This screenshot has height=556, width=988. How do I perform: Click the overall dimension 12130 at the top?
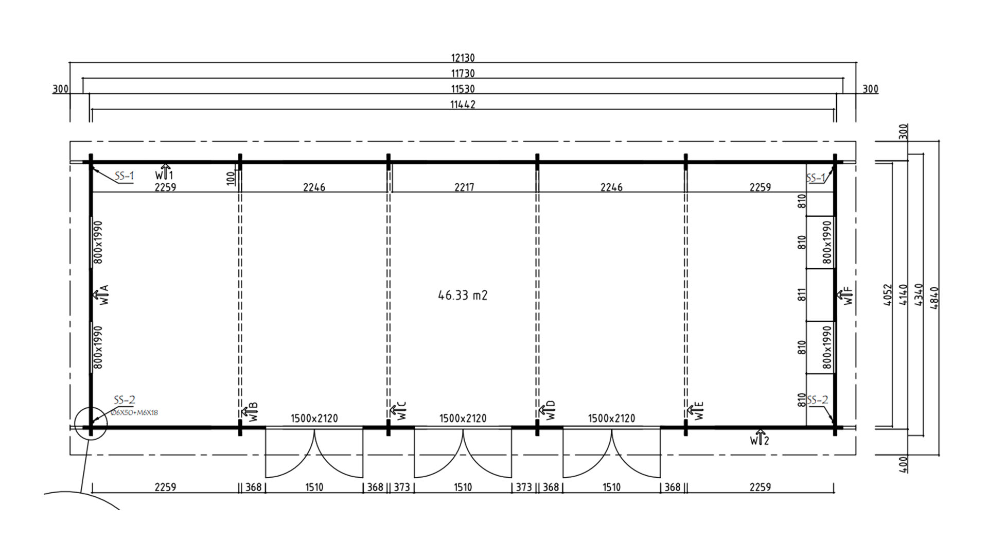[x=463, y=58]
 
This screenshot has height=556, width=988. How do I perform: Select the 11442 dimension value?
[x=463, y=105]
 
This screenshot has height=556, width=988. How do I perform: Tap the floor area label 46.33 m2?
[x=463, y=295]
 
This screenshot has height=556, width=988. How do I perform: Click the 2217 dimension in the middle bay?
[x=464, y=187]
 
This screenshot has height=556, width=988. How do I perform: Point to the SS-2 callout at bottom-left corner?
[x=125, y=400]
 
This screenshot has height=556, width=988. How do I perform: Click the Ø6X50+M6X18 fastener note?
[x=134, y=412]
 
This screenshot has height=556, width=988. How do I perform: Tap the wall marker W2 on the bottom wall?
[x=759, y=438]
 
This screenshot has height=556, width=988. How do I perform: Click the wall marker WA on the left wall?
[x=101, y=294]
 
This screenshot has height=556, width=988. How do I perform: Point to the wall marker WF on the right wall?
[x=845, y=295]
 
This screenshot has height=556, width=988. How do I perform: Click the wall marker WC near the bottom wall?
[x=398, y=411]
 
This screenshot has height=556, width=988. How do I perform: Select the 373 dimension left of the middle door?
[x=401, y=487]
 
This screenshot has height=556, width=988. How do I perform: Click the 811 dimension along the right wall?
[x=801, y=295]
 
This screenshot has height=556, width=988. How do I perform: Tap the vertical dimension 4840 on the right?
[x=935, y=298]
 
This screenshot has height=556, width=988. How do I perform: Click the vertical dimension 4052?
[x=888, y=295]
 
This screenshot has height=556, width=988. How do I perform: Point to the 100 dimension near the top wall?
[x=231, y=178]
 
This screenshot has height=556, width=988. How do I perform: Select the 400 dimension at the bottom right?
[x=905, y=464]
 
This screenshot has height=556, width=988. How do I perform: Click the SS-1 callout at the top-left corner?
[x=124, y=176]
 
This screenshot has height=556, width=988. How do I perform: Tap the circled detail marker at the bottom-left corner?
[x=91, y=425]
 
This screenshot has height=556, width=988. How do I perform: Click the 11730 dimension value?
[x=463, y=74]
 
